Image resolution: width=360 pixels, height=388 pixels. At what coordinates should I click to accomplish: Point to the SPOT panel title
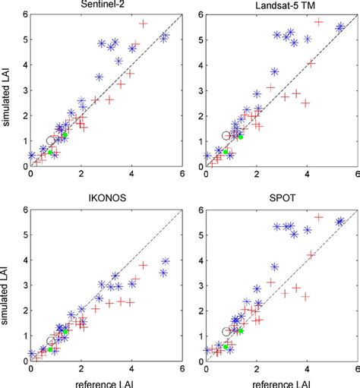pos(282,201)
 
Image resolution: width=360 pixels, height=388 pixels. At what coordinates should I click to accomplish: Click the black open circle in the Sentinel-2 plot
pos(51,140)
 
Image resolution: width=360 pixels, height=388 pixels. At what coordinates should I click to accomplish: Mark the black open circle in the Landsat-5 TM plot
pos(226,135)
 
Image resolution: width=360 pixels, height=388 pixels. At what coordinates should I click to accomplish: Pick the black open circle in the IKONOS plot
pos(51,341)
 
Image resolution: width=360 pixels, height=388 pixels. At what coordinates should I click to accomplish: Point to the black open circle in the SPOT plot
pos(226,331)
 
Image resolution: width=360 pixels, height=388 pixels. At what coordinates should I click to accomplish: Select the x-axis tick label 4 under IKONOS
pos(131,371)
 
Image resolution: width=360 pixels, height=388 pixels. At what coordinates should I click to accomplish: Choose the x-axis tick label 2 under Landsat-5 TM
pos(257,176)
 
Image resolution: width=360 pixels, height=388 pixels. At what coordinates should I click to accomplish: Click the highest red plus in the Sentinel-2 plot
pos(142,24)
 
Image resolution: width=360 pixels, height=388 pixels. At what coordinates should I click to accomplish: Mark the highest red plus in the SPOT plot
pos(318,218)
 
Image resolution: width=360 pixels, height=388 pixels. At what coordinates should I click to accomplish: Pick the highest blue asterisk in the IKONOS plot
pos(164,260)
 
